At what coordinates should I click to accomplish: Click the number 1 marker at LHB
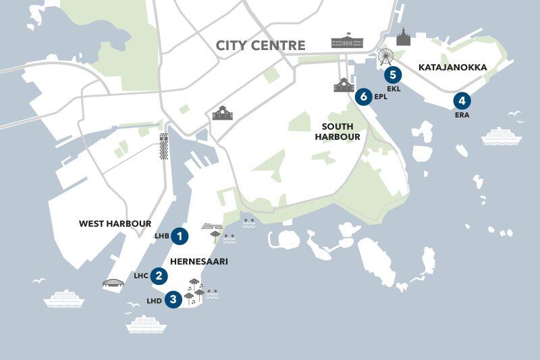180,236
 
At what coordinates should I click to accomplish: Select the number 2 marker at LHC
159,276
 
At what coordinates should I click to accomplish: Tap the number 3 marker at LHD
173,299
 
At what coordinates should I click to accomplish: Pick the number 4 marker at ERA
462,102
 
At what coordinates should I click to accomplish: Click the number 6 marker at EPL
364,97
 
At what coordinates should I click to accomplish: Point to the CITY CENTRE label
261,46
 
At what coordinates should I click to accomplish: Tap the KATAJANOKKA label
452,68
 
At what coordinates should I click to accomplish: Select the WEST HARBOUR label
115,224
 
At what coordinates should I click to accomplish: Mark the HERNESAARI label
198,261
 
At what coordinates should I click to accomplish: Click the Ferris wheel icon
385,55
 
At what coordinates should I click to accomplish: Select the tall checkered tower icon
163,146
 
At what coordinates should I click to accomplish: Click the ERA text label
462,115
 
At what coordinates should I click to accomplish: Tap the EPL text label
380,97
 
